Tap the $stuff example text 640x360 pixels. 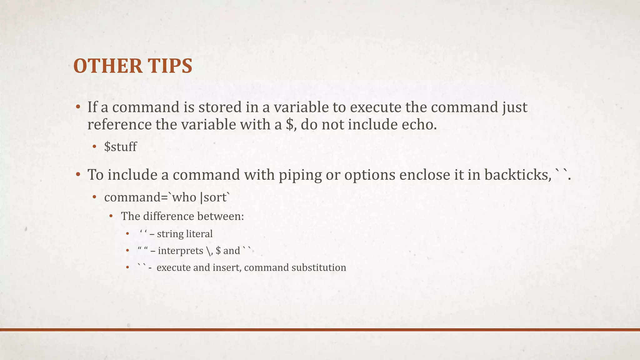coord(120,147)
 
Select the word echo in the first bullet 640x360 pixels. coord(419,124)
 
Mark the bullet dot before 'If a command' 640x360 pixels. coord(78,107)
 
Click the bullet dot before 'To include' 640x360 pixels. coord(78,175)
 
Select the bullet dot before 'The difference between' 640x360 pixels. coord(111,216)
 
